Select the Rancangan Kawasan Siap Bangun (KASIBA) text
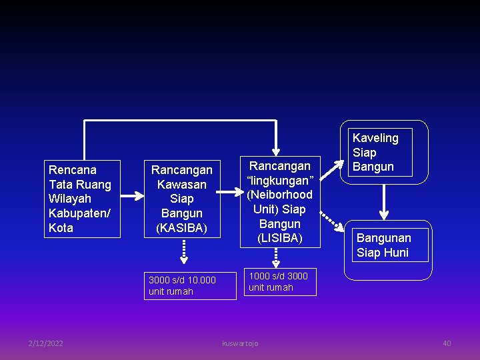tap(181, 199)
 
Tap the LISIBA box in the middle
tap(280, 201)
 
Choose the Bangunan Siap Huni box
tap(391, 245)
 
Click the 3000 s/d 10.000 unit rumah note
tap(191, 285)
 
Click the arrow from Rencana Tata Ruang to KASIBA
tap(132, 196)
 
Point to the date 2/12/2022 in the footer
tap(46, 343)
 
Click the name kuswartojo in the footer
tap(240, 343)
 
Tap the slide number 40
tap(447, 343)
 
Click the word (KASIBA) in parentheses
tap(181, 228)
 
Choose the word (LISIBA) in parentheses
tap(280, 239)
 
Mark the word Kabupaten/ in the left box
tap(79, 213)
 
